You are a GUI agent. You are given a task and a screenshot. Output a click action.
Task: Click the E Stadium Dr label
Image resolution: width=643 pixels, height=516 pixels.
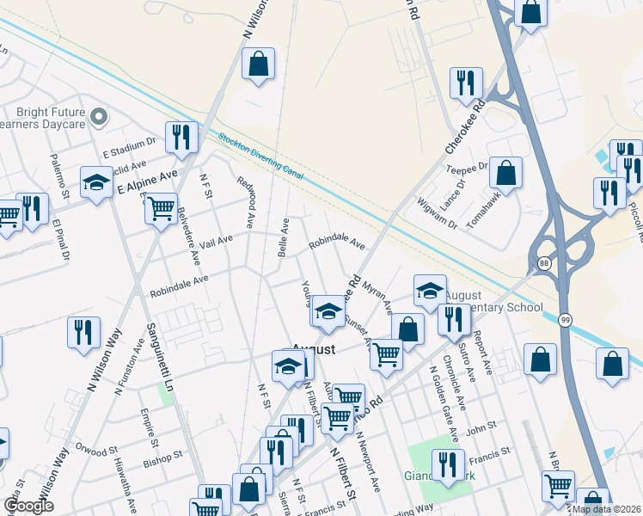click(x=130, y=147)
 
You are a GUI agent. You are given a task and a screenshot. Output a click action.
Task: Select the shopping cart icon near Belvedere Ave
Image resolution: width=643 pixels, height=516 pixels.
click(x=162, y=208)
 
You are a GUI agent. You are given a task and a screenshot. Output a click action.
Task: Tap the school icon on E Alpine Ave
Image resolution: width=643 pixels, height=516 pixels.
click(x=96, y=181)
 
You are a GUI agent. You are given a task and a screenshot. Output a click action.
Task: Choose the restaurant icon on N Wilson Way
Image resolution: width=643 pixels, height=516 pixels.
click(x=83, y=332)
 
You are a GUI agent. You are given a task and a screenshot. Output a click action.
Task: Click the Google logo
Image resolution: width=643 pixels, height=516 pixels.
click(x=28, y=506)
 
